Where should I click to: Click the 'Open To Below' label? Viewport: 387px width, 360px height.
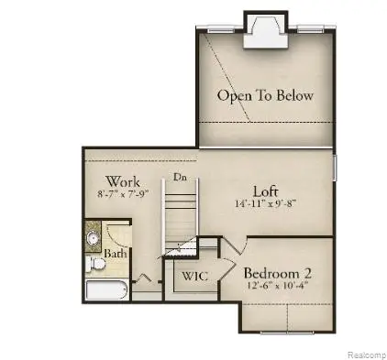[265, 95]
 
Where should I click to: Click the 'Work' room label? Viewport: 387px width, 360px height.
[122, 181]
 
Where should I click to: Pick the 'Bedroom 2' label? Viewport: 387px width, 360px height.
[280, 273]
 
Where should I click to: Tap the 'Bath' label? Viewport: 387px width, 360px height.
[115, 253]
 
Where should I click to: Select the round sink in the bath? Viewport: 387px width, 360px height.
[94, 239]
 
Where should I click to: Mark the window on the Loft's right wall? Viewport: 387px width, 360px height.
[335, 169]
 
